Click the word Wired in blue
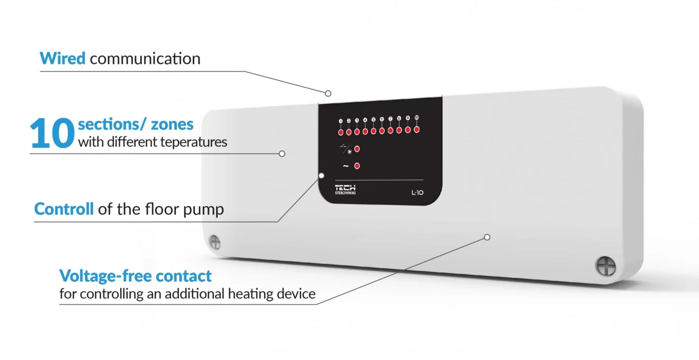[x=62, y=58]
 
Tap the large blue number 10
[x=52, y=133]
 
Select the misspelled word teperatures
[x=193, y=142]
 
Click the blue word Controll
[x=64, y=209]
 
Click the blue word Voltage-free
[x=105, y=276]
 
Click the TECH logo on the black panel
[x=345, y=190]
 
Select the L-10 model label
[x=417, y=193]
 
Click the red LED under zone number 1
[x=341, y=132]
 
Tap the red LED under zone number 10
[x=417, y=130]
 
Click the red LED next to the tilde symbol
[x=357, y=166]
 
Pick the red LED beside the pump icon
[x=357, y=149]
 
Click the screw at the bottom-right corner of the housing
[x=606, y=266]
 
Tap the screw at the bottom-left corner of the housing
[x=215, y=242]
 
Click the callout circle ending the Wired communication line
[x=328, y=93]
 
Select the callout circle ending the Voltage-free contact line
[x=487, y=237]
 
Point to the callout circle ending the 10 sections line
[x=282, y=154]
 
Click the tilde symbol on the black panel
[x=346, y=166]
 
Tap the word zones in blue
[x=172, y=124]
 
